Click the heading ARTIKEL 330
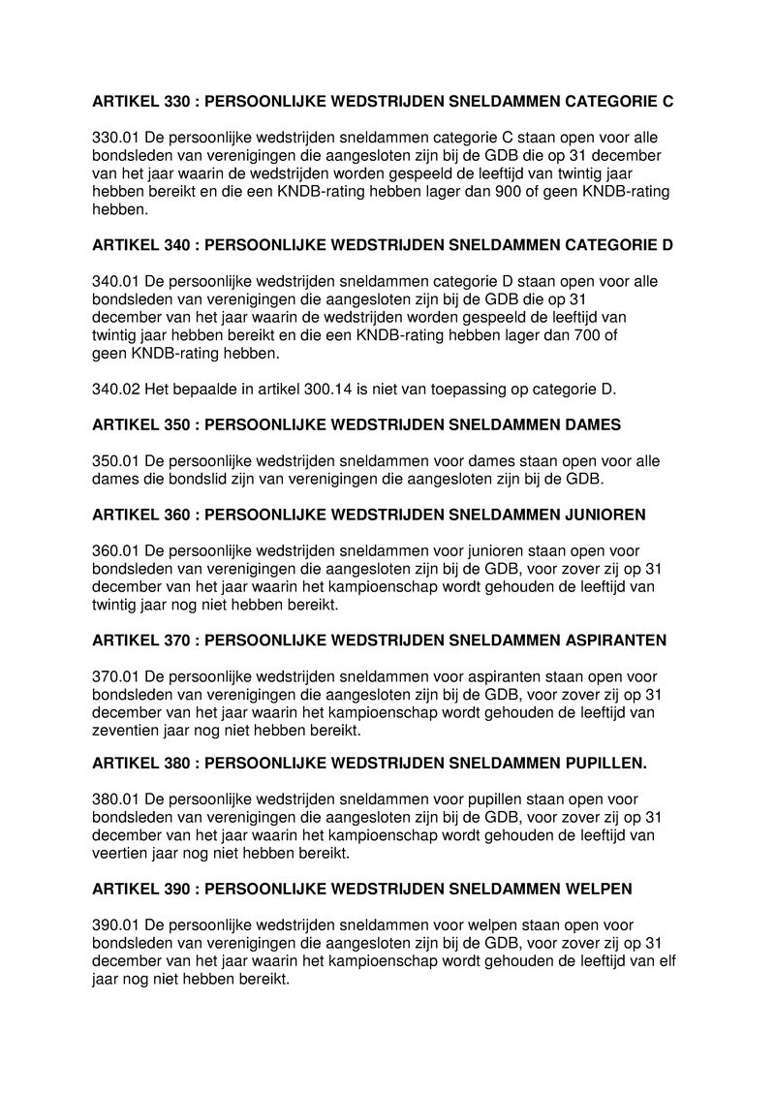382,101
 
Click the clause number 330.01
115,138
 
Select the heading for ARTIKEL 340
382,245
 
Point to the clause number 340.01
115,282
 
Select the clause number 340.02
115,390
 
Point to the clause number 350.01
115,461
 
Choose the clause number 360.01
115,551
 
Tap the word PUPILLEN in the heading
605,764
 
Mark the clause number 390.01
115,925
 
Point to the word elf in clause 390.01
666,961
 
